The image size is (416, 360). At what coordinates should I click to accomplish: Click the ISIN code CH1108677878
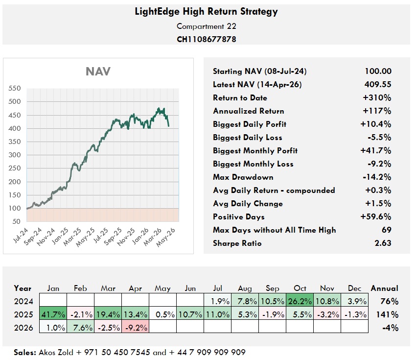[x=206, y=39]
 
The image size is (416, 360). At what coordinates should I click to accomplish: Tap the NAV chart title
[x=98, y=72]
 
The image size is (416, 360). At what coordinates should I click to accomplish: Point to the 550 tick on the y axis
[x=15, y=89]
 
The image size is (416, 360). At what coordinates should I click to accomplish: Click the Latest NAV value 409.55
[x=378, y=84]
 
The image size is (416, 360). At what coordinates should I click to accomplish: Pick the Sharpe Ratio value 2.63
[x=382, y=243]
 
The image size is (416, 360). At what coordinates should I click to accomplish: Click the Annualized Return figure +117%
[x=378, y=111]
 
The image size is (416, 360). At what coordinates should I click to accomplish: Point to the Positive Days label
[x=238, y=216]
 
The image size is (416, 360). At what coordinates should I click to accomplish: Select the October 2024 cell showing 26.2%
[x=299, y=301]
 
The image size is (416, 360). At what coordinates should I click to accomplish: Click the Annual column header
[x=384, y=288]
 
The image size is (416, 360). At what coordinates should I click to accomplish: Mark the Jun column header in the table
[x=190, y=288]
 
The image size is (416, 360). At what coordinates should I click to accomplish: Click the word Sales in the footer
[x=25, y=352]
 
